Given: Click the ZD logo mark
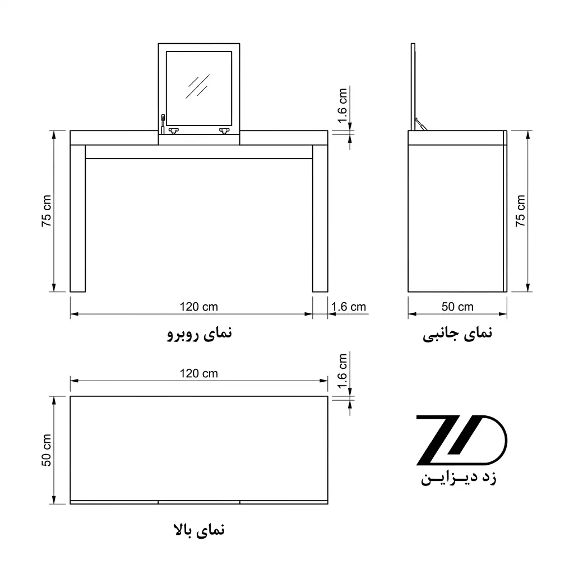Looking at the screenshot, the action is click(x=462, y=440).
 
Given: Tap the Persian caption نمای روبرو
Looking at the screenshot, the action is click(x=200, y=334).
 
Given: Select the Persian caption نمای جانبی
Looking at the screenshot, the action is click(x=457, y=334).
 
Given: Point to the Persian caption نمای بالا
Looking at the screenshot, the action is click(x=199, y=530).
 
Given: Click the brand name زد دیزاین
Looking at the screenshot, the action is click(x=459, y=478).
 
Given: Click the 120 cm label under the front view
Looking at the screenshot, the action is click(x=199, y=307).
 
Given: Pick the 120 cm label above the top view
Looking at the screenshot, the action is click(x=199, y=373).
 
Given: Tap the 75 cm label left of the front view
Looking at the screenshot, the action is click(x=47, y=211).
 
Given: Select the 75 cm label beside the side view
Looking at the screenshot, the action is click(x=520, y=211).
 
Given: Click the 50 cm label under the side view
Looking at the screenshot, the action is click(x=457, y=307).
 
